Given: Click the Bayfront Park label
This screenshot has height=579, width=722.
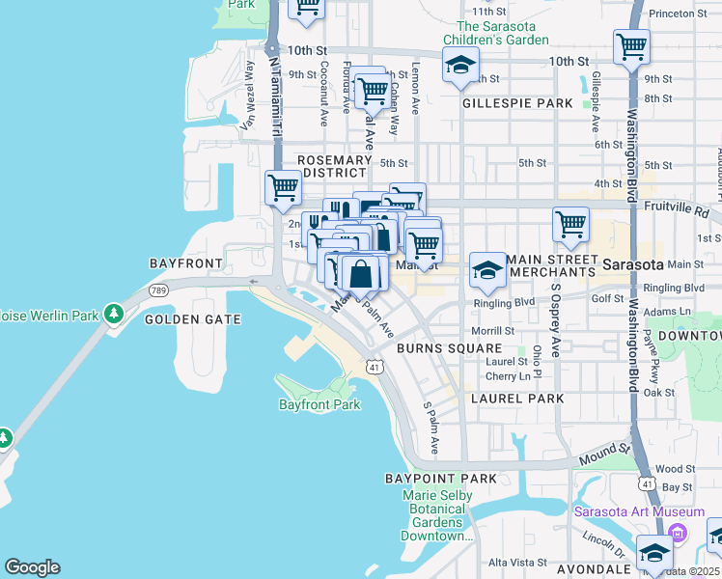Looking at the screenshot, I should click(x=319, y=404).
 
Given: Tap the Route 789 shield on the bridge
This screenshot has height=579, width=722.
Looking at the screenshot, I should click(x=157, y=289).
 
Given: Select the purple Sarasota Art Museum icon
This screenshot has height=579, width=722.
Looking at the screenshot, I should click(x=678, y=533).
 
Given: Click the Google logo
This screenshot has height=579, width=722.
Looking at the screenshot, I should click(x=32, y=567).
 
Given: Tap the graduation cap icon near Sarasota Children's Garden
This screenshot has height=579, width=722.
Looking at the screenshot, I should click(x=460, y=67).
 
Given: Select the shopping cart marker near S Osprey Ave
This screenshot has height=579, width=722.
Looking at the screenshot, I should click(x=570, y=224).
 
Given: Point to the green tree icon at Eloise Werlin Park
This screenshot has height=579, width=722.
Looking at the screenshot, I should click(x=114, y=314).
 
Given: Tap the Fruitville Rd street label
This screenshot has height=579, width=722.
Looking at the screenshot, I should click(x=689, y=210).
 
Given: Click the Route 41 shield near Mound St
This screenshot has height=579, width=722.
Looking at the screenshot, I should click(x=647, y=482).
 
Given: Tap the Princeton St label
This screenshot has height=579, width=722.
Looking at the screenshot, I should click(x=686, y=13).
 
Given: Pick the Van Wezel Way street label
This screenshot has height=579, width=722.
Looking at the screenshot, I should click(x=248, y=95).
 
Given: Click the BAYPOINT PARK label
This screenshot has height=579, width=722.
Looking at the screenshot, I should click(x=440, y=479).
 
